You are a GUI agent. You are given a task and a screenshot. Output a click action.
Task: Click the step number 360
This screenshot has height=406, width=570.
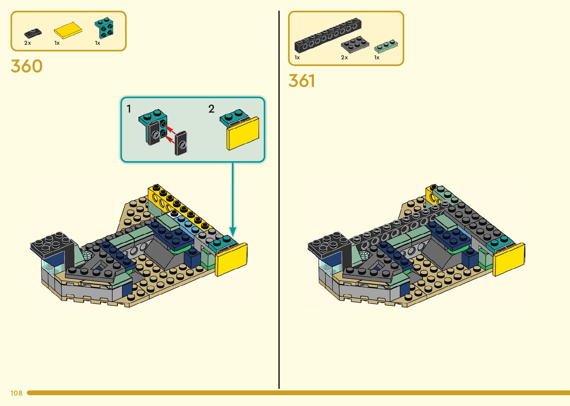click(x=26, y=66)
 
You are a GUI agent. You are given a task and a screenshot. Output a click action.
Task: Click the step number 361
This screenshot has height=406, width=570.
click(x=302, y=81)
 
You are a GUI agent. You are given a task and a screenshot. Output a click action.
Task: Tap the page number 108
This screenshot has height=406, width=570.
click(x=16, y=393)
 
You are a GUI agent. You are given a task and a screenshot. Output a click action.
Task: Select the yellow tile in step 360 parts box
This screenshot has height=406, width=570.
click(x=68, y=31)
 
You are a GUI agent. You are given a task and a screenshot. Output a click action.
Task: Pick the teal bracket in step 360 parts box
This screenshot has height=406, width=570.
click(x=104, y=28)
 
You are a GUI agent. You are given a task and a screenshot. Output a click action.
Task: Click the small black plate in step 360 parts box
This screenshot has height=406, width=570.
click(x=33, y=33)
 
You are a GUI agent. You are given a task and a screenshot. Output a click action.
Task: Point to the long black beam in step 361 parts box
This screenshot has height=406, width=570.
click(x=328, y=35)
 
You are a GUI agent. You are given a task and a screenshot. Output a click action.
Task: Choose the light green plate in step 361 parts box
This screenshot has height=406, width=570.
click(x=386, y=46)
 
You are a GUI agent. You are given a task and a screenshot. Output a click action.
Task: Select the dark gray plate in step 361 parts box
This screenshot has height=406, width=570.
click(x=355, y=44)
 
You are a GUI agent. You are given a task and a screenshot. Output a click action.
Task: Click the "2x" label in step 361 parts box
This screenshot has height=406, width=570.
click(x=344, y=57)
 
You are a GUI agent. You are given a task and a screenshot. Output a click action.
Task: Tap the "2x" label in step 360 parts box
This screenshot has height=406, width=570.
click(x=28, y=43)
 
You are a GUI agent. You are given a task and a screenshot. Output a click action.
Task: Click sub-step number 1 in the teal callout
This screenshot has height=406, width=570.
click(x=129, y=109)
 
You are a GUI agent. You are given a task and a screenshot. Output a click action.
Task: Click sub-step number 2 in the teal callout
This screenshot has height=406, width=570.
click(x=211, y=109)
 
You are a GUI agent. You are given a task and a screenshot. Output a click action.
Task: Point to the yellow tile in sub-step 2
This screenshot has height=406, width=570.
click(x=243, y=134)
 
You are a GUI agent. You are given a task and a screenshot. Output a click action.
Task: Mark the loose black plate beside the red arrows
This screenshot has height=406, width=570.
click(x=181, y=143)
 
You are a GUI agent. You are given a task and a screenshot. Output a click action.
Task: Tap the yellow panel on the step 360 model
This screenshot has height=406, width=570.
click(x=231, y=259)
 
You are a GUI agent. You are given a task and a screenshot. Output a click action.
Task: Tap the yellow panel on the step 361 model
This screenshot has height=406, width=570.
click(x=509, y=259)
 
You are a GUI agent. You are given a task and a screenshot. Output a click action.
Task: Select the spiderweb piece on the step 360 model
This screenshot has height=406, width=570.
click(x=87, y=255)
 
